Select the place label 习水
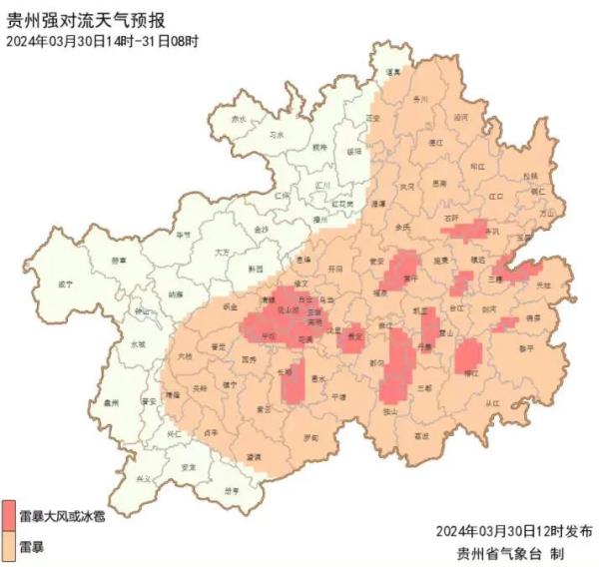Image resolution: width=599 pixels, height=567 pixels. [278, 133]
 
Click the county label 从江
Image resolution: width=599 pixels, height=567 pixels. [491, 403]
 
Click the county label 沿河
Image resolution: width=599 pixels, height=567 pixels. [460, 117]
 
